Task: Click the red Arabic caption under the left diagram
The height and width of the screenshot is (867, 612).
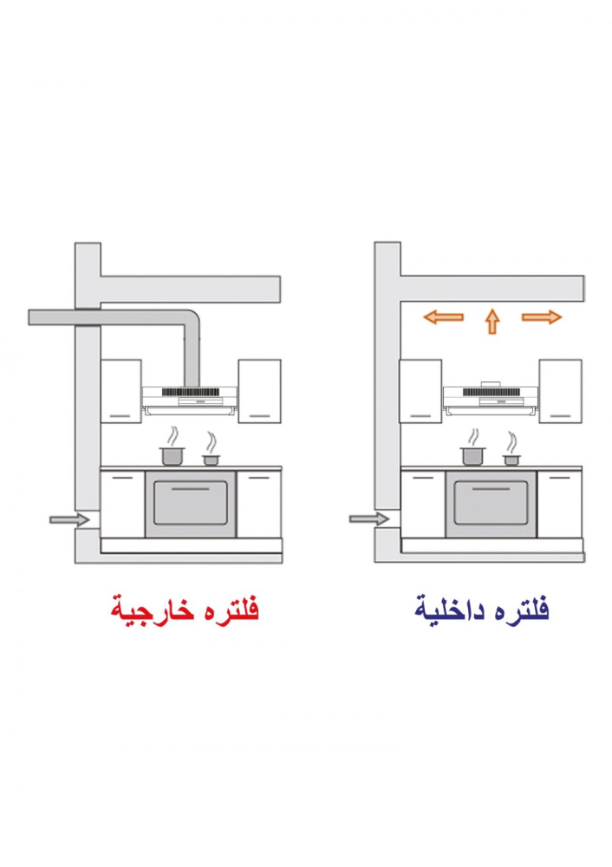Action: [x=185, y=610]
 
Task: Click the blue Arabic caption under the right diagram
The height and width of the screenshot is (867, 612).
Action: [x=482, y=610]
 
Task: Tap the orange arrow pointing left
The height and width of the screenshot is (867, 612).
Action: [x=443, y=317]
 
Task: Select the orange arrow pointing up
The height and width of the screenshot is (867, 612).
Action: [x=492, y=322]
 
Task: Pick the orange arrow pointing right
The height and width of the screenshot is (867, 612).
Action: [x=542, y=316]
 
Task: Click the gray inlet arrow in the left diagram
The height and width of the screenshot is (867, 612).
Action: [x=69, y=519]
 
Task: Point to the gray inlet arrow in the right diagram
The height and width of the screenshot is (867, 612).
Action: [x=368, y=519]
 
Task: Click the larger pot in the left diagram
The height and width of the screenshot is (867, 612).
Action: [x=173, y=456]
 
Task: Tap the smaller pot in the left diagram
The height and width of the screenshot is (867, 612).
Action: [x=211, y=460]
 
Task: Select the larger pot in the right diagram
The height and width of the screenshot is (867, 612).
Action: [x=473, y=456]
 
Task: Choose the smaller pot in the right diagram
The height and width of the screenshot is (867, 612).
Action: [x=512, y=460]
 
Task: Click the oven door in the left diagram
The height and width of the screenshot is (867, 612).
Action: [x=191, y=503]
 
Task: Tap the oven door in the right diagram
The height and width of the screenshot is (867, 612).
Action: [x=491, y=503]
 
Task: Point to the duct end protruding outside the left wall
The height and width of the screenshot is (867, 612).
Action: [x=51, y=317]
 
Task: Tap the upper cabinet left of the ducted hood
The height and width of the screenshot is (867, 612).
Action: [x=121, y=392]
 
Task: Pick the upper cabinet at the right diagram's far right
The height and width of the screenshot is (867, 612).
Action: [x=561, y=392]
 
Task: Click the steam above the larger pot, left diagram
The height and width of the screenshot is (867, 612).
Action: [x=173, y=436]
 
